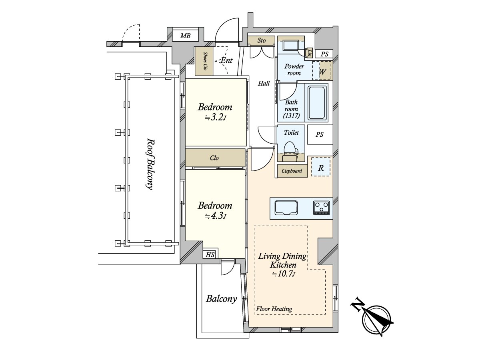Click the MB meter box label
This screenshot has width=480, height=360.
(x=185, y=36)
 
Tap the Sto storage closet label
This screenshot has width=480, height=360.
(x=261, y=40)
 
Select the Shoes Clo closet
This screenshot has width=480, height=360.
(x=204, y=61)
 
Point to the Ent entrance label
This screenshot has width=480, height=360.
(x=226, y=60)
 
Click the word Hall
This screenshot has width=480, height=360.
(x=264, y=83)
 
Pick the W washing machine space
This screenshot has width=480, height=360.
(x=322, y=71)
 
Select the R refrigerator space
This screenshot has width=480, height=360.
(x=320, y=167)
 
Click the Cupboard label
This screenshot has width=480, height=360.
(x=292, y=171)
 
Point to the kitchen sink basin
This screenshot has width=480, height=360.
(x=286, y=208)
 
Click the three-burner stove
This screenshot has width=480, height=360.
(x=321, y=208)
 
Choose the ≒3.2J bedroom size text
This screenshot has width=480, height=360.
(x=215, y=118)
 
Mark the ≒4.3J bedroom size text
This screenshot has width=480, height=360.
(x=215, y=216)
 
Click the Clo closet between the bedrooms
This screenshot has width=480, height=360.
(x=215, y=158)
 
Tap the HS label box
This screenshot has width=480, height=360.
(x=210, y=254)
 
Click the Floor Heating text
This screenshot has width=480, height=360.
(x=274, y=309)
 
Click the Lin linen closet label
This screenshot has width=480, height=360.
(x=310, y=53)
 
